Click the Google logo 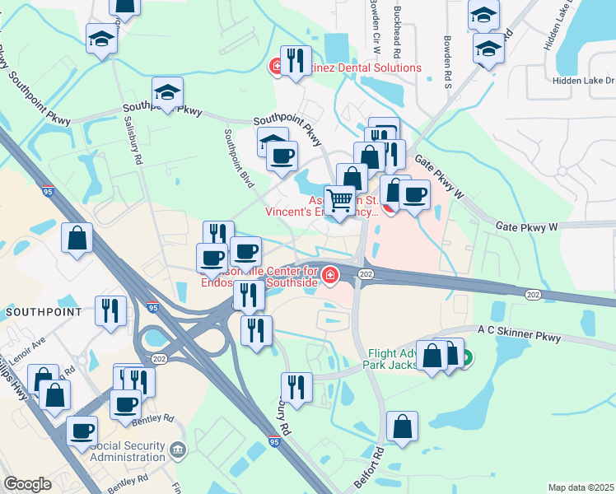pos(28,484)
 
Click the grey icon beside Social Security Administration pos(179,450)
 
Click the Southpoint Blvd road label pos(240,157)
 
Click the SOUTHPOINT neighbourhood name pos(44,312)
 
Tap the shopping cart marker pos(339,199)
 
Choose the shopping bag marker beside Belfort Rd pos(402,426)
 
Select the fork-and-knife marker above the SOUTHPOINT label pos(110,310)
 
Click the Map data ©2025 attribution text pos(581,487)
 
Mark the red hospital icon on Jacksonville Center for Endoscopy pos(330,275)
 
